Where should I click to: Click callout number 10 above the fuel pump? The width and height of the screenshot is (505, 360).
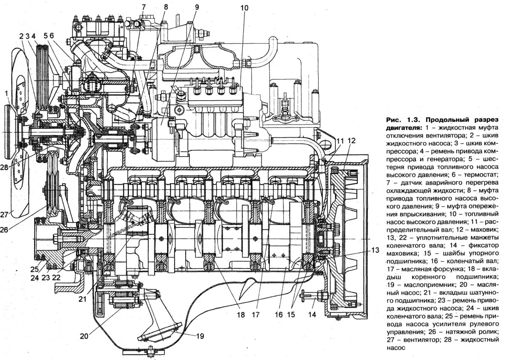[x=244, y=8]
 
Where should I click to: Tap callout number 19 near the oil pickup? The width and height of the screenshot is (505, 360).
[x=199, y=336]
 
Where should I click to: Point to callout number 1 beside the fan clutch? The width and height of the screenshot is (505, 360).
[x=6, y=93]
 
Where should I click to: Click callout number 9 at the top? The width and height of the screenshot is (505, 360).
[x=196, y=7]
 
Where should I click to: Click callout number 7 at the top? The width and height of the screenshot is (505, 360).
[x=144, y=7]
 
